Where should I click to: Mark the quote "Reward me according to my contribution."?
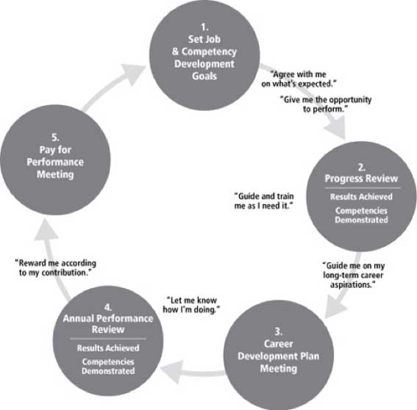tap(55, 268)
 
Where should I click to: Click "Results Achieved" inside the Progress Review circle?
tap(361, 197)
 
